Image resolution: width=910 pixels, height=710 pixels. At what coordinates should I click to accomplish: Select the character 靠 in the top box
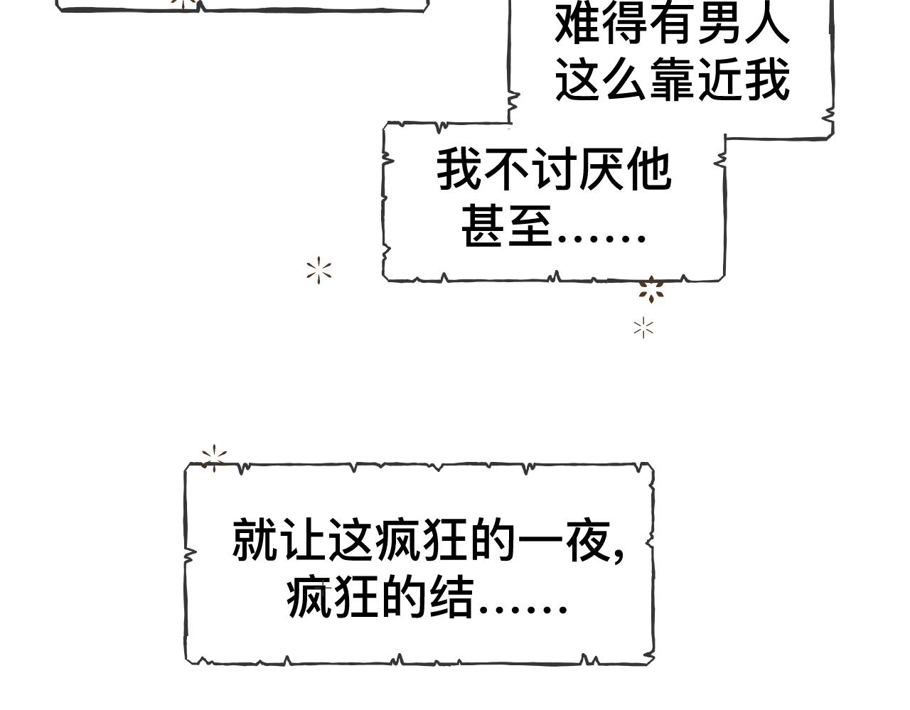tap(672, 80)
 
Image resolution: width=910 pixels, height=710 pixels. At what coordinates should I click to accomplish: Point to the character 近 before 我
tap(720, 80)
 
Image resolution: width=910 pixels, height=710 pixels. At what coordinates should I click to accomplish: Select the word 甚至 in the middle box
tap(508, 226)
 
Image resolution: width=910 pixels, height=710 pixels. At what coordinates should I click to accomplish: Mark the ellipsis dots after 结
tap(523, 608)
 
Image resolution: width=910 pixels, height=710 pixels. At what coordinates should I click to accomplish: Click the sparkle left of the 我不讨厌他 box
tap(319, 271)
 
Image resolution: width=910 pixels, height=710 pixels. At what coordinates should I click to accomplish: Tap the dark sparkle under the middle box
tap(651, 290)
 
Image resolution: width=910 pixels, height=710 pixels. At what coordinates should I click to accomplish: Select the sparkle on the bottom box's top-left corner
tap(213, 457)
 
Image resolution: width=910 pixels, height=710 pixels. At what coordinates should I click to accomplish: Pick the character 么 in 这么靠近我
tap(624, 80)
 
